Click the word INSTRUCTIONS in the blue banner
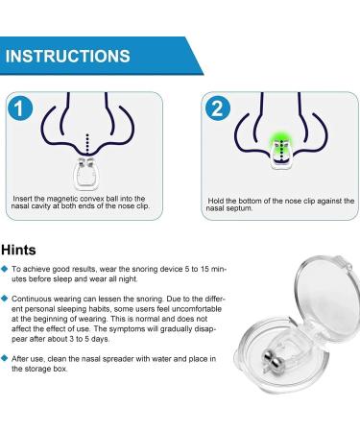[68, 56]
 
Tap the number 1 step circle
[20, 108]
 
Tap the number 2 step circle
[218, 108]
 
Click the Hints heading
[18, 250]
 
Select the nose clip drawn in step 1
[87, 173]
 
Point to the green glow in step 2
[280, 139]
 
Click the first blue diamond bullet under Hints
[5, 269]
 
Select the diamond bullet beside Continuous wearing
[5, 299]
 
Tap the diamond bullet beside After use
[5, 358]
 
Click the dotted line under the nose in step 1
[87, 145]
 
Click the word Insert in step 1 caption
[22, 199]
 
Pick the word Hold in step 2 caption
[216, 201]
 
